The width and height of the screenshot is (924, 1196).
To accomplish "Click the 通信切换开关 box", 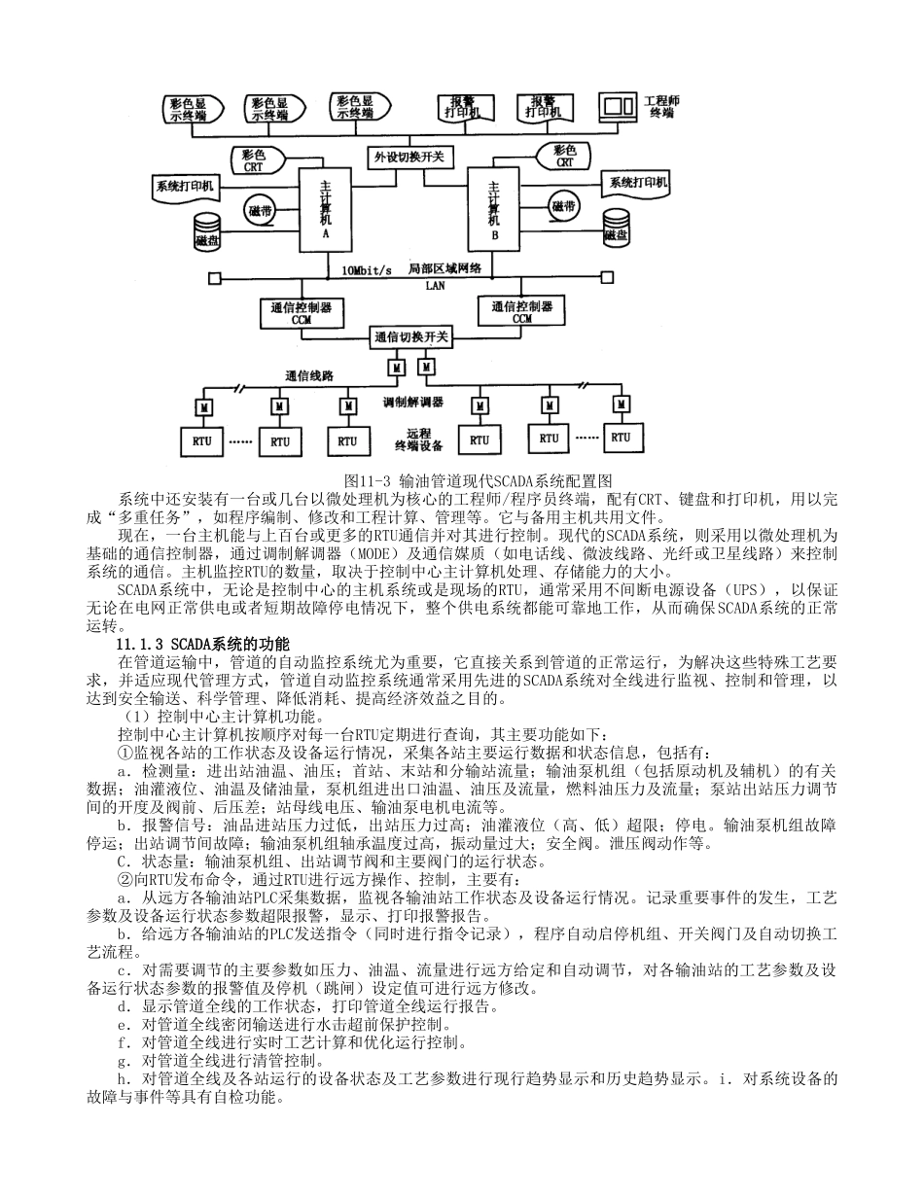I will tap(411, 337).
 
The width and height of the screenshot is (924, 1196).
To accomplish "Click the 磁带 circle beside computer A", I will tap(261, 210).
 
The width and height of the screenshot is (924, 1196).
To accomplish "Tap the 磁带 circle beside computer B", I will tap(563, 206).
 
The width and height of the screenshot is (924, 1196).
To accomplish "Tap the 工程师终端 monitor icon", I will tap(616, 105).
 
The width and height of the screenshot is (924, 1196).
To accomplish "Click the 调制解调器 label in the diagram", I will tap(412, 401).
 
